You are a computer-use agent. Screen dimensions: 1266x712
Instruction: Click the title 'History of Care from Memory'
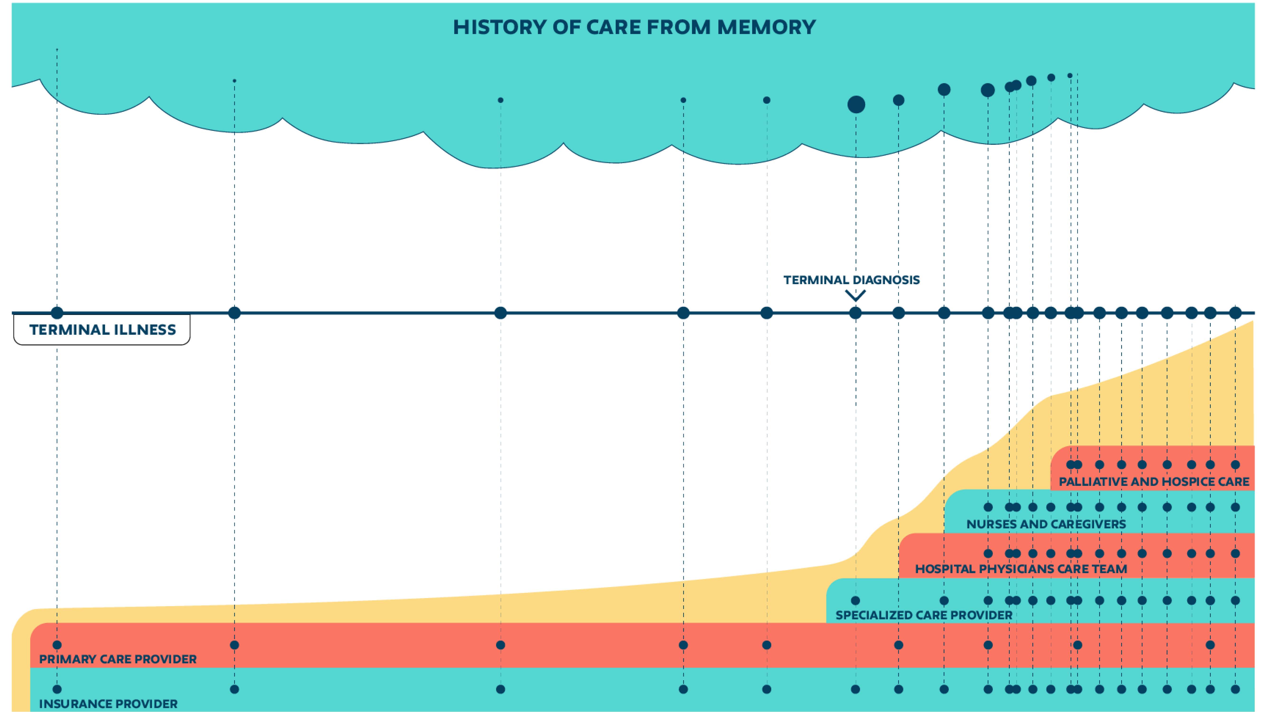click(x=634, y=27)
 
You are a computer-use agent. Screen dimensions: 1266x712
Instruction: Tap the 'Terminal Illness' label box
click(x=102, y=329)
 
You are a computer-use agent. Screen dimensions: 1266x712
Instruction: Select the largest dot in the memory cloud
click(x=856, y=105)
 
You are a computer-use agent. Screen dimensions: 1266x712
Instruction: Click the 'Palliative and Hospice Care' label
click(x=1154, y=482)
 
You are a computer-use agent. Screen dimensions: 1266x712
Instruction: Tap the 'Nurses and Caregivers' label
click(x=1046, y=524)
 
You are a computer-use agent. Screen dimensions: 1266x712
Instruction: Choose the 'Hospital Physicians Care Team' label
click(x=1021, y=569)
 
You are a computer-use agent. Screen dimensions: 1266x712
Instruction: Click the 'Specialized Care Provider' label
click(x=924, y=615)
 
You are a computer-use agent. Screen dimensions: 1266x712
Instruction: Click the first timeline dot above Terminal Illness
click(x=57, y=313)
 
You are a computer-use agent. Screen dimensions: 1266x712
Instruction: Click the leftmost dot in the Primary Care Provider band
click(x=57, y=645)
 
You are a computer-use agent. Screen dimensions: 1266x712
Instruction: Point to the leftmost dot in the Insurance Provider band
click(x=57, y=689)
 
